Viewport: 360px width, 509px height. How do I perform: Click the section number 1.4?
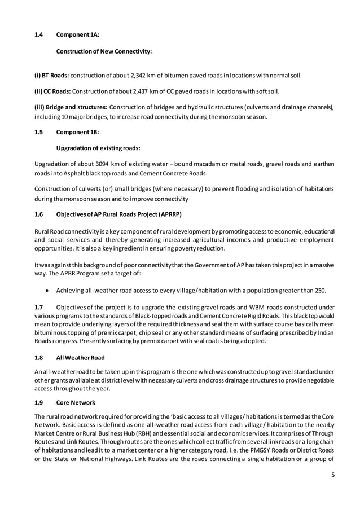click(x=38, y=35)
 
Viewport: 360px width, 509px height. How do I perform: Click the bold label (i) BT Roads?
click(x=52, y=75)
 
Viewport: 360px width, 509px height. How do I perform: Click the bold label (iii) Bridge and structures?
click(x=71, y=107)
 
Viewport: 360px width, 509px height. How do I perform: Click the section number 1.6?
click(x=38, y=214)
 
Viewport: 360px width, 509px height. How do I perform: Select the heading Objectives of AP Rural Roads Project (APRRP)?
click(x=119, y=214)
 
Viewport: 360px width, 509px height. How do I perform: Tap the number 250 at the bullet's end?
click(x=319, y=291)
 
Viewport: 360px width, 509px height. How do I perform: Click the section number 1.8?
click(x=38, y=357)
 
